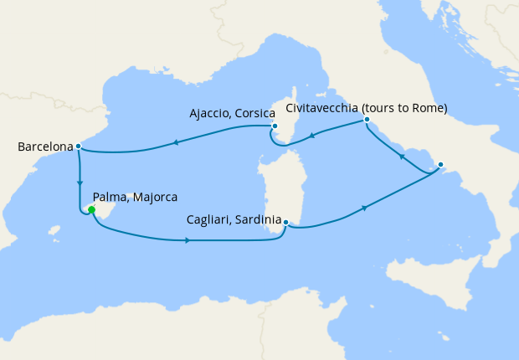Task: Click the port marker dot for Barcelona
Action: coord(78,147)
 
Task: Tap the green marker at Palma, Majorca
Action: coord(90,210)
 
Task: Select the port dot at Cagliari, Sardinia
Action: coord(285,223)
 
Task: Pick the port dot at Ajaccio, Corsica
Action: coord(274,127)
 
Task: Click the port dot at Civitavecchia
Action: coord(367,121)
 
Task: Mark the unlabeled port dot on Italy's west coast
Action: coord(441,165)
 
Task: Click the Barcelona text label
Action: coord(45,147)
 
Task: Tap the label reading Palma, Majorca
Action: coord(135,198)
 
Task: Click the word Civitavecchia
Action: coord(326,109)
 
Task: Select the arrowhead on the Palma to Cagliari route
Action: coord(187,241)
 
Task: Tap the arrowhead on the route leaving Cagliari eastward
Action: coord(364,208)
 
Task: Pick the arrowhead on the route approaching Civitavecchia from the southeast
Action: coord(401,157)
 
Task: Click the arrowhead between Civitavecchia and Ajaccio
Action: coord(311,136)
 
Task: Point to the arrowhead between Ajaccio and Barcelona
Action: coord(176,143)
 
